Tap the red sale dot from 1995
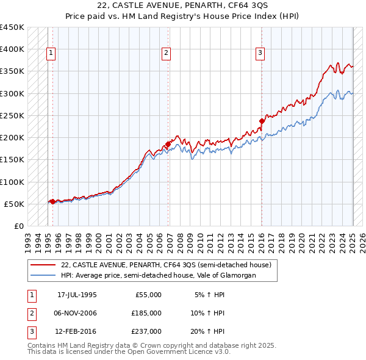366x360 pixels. [x=52, y=201]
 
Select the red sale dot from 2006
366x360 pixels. [x=168, y=144]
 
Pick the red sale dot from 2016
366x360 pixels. [x=262, y=121]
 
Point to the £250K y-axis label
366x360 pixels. [x=12, y=115]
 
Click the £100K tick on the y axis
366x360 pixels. [x=12, y=182]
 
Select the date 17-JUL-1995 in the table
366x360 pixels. [x=77, y=295]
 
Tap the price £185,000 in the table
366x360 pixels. [x=147, y=313]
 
